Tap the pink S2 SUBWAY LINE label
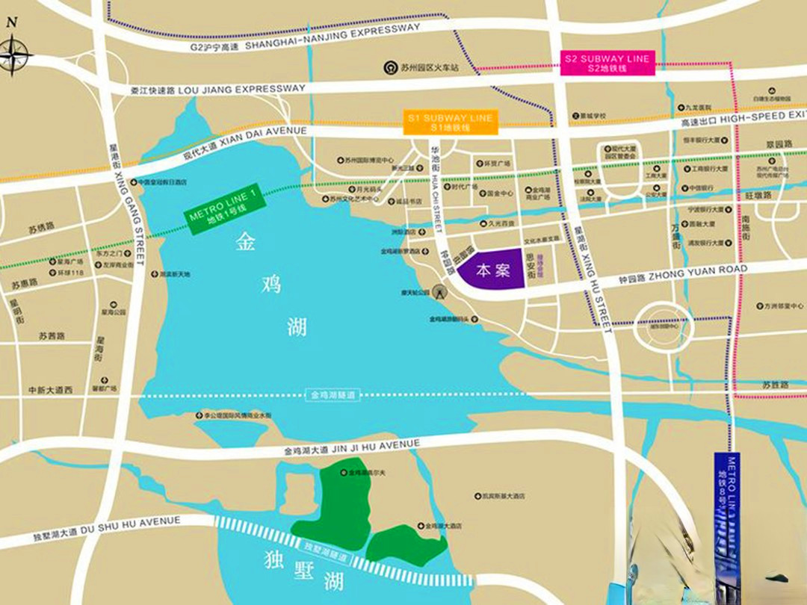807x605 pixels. coord(607,63)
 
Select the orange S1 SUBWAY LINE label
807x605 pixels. coord(450,123)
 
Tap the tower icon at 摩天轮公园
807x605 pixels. coord(441,290)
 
